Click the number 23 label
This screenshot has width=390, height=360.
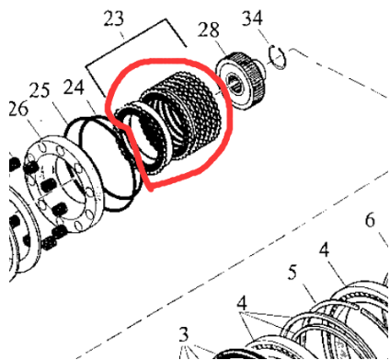tap(114, 19)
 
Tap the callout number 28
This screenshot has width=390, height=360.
tap(209, 30)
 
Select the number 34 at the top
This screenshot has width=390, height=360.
tap(252, 18)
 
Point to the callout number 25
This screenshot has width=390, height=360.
tap(40, 90)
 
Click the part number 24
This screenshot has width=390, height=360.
tap(74, 87)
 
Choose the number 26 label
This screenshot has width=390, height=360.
tap(18, 109)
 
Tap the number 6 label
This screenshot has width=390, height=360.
tap(370, 220)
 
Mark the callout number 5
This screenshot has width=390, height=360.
tap(292, 272)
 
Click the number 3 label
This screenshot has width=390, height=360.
tap(183, 334)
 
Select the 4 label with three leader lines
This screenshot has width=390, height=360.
tap(242, 304)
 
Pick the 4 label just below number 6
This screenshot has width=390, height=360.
tap(324, 250)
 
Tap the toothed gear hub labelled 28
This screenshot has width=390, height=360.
tap(241, 81)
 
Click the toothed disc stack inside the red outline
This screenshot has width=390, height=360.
tap(172, 120)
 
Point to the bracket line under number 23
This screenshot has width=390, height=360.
tap(136, 57)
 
